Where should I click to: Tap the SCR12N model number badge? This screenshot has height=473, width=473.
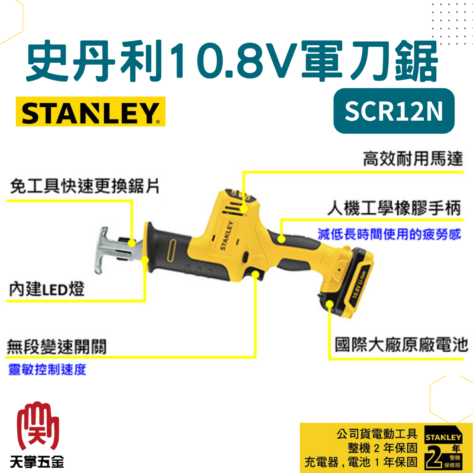pyautogui.click(x=394, y=111)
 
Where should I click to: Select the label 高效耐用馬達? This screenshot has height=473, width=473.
pyautogui.click(x=412, y=158)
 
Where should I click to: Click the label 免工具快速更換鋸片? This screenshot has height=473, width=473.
pyautogui.click(x=84, y=186)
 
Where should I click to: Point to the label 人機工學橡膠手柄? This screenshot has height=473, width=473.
pyautogui.click(x=394, y=208)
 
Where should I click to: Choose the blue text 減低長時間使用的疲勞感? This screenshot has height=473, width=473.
pyautogui.click(x=389, y=234)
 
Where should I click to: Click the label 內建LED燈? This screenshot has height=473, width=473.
pyautogui.click(x=47, y=289)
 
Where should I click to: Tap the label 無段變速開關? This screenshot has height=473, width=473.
pyautogui.click(x=56, y=347)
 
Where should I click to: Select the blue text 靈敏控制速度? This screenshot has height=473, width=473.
pyautogui.click(x=47, y=369)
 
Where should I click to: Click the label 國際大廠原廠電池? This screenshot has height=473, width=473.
pyautogui.click(x=401, y=345)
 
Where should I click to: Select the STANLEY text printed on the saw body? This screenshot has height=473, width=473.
pyautogui.click(x=226, y=235)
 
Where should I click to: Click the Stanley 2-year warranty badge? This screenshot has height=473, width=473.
pyautogui.click(x=443, y=447)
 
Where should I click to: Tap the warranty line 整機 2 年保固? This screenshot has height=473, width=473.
pyautogui.click(x=382, y=448)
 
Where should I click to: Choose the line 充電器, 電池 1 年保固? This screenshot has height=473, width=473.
pyautogui.click(x=360, y=462)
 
